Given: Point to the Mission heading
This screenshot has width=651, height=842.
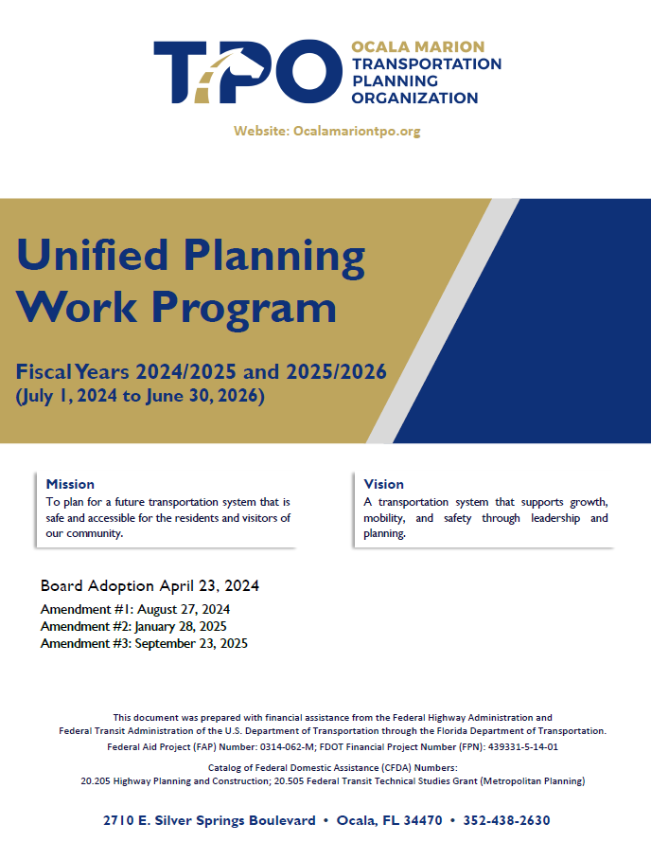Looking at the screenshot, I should pos(70,484).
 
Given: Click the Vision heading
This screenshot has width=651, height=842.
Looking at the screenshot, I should pos(383,484).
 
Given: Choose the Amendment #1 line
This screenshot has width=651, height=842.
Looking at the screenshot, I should pos(135,610).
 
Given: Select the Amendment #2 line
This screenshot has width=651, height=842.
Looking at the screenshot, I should pos(133,626).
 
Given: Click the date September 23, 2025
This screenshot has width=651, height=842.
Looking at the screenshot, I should pos(191,643).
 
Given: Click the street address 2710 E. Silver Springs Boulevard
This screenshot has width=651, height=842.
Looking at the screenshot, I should pos(210,820).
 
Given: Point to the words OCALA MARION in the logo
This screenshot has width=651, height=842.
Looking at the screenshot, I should pos(417,46).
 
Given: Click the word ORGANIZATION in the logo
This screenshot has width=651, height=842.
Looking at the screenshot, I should pos(414,99).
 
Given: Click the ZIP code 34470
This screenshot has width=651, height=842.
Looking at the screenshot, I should pos(414,820).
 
